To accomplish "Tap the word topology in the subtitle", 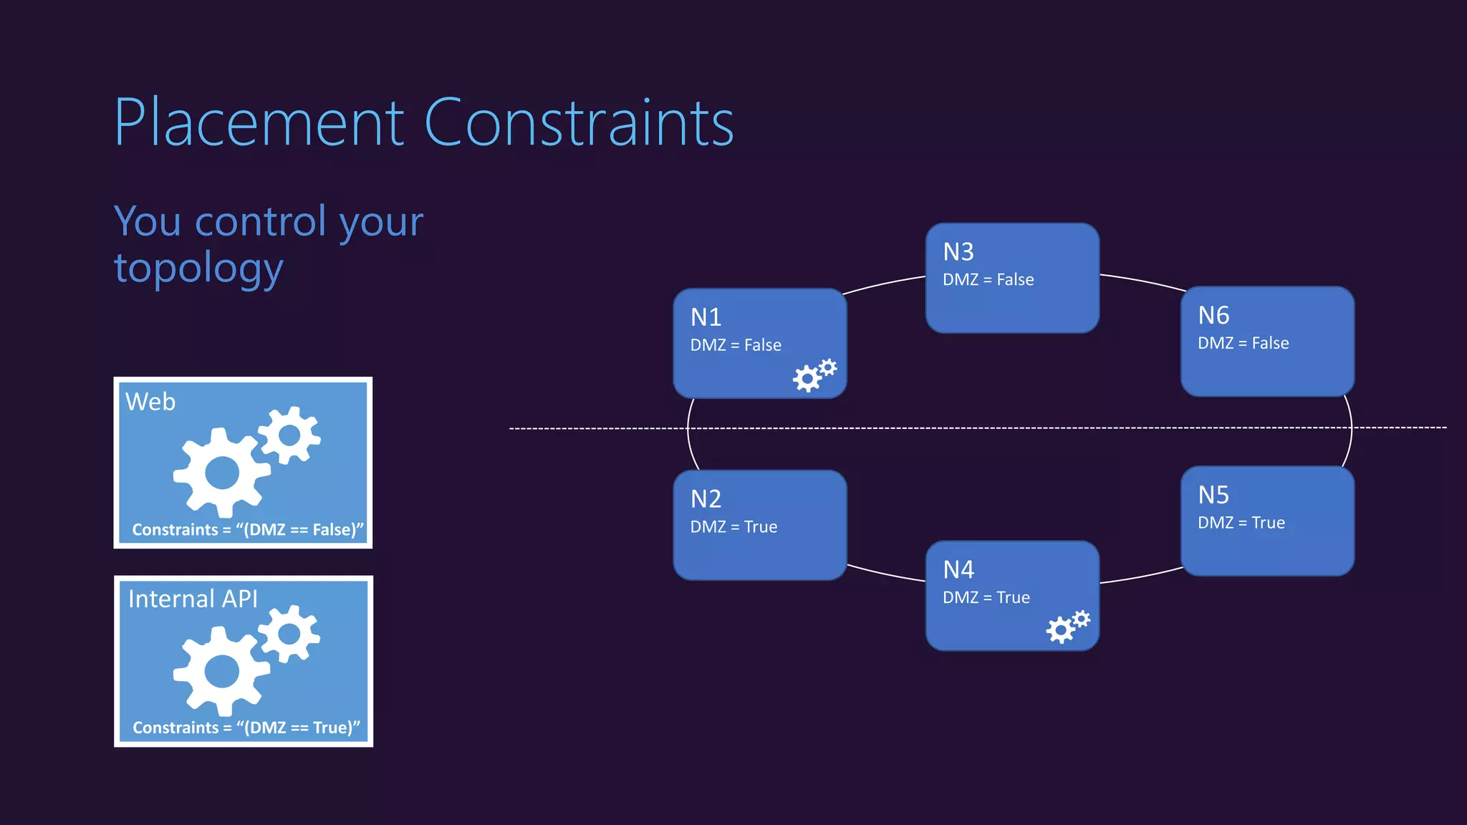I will [x=198, y=269].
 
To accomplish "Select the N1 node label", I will [x=706, y=317].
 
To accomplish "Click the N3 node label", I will [x=958, y=252].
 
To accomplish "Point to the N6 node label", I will [x=1213, y=315].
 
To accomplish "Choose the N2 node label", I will [x=706, y=498].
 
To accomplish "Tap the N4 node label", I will [x=958, y=569].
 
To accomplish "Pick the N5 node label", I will [x=1213, y=495].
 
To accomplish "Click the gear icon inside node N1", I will [x=814, y=375].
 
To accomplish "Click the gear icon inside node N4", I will [x=1067, y=627].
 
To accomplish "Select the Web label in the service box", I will [x=150, y=402].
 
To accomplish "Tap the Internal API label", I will [x=193, y=599].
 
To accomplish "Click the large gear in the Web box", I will [x=221, y=473].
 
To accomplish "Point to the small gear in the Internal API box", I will [x=289, y=633].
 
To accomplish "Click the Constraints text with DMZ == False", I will [x=248, y=530].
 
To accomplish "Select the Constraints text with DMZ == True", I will [x=246, y=728].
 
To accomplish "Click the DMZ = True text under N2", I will [x=733, y=527].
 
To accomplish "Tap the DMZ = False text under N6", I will [x=1243, y=343].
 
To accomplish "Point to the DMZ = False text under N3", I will [x=988, y=279].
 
